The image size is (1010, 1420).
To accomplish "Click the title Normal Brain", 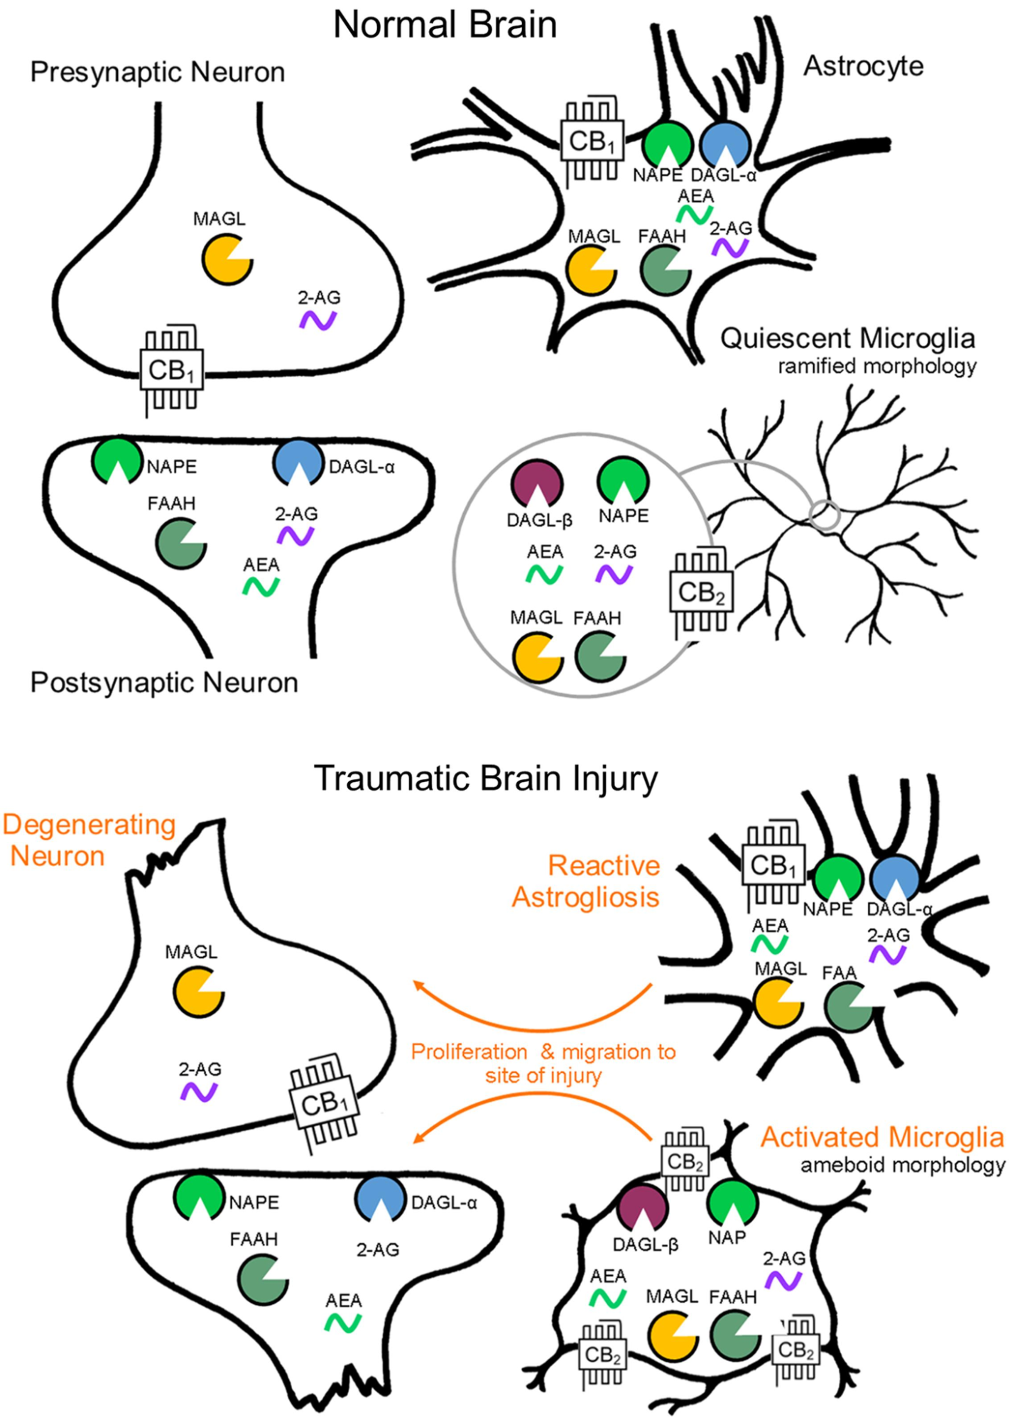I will coord(445,25).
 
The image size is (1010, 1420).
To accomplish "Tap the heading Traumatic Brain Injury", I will coord(486,778).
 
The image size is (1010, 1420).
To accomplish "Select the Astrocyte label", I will coord(863,66).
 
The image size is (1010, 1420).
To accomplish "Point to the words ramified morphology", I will coord(876,367).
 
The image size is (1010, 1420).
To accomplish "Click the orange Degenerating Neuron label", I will coord(89,840).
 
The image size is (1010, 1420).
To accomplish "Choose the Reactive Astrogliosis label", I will coord(587,882).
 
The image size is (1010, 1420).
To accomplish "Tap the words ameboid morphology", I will coord(902,1165).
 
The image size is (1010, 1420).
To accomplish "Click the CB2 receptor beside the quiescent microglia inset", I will coord(701,591).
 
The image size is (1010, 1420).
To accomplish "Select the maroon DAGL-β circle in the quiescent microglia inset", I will coord(537,484).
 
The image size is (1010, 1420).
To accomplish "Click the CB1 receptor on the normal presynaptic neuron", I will coord(172,370).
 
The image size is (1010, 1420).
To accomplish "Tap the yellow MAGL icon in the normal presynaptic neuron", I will coord(227,259).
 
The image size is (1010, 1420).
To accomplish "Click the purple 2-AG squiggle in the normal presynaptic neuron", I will coord(318,320).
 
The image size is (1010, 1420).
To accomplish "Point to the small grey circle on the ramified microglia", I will coord(825,516).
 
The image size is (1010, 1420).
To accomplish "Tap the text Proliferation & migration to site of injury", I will coord(543,1063).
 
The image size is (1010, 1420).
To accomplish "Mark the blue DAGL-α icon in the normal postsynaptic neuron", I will coord(298,462).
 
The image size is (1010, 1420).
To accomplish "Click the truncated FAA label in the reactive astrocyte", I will coord(839,972).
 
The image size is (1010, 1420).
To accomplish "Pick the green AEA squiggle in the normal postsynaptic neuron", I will coord(261,587).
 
